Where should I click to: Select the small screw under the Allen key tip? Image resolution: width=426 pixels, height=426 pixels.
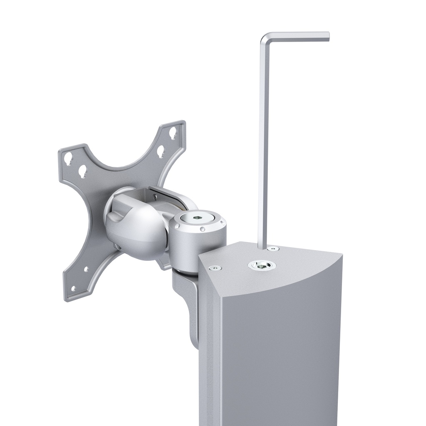coord(273,249)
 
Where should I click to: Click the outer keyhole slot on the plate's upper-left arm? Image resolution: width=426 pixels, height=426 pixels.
coord(68,158)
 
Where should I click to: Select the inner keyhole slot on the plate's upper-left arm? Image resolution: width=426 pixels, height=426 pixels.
coord(83,170)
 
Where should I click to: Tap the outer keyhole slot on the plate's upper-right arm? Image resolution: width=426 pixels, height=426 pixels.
coord(173,134)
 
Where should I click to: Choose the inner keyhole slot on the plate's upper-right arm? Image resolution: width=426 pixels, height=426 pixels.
coord(160,151)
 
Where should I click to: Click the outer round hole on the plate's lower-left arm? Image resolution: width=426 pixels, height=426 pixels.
coord(73,288)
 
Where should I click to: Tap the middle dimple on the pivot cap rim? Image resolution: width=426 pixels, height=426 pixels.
coord(202,229)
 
